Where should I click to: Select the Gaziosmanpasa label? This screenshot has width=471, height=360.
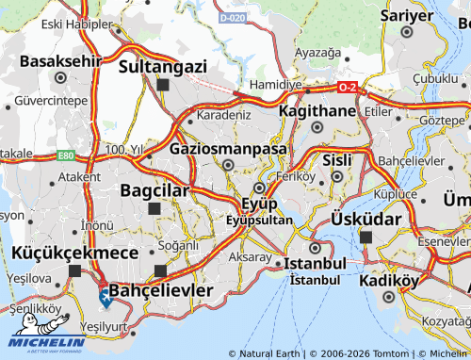pyautogui.click(x=228, y=149)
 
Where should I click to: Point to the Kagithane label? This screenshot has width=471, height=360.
pyautogui.click(x=317, y=111)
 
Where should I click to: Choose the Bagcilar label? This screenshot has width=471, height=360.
pyautogui.click(x=156, y=190)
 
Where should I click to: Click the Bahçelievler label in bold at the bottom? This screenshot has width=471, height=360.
pyautogui.click(x=161, y=289)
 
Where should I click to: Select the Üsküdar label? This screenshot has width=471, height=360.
pyautogui.click(x=366, y=219)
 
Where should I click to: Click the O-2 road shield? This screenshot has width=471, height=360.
pyautogui.click(x=347, y=87)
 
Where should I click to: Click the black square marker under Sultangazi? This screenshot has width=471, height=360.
pyautogui.click(x=163, y=84)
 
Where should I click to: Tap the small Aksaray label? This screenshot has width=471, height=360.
pyautogui.click(x=250, y=256)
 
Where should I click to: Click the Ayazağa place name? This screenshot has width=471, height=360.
pyautogui.click(x=317, y=53)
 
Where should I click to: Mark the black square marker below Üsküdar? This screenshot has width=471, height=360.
pyautogui.click(x=366, y=237)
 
